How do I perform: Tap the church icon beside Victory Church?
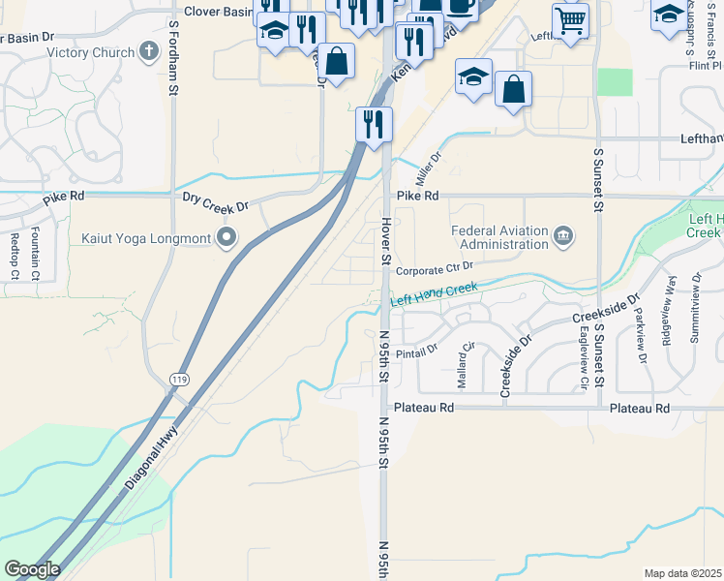149,50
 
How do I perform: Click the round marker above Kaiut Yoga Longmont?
227,236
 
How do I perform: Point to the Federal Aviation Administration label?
499,237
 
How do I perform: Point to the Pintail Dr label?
417,346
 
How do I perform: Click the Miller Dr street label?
428,169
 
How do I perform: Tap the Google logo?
32,569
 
